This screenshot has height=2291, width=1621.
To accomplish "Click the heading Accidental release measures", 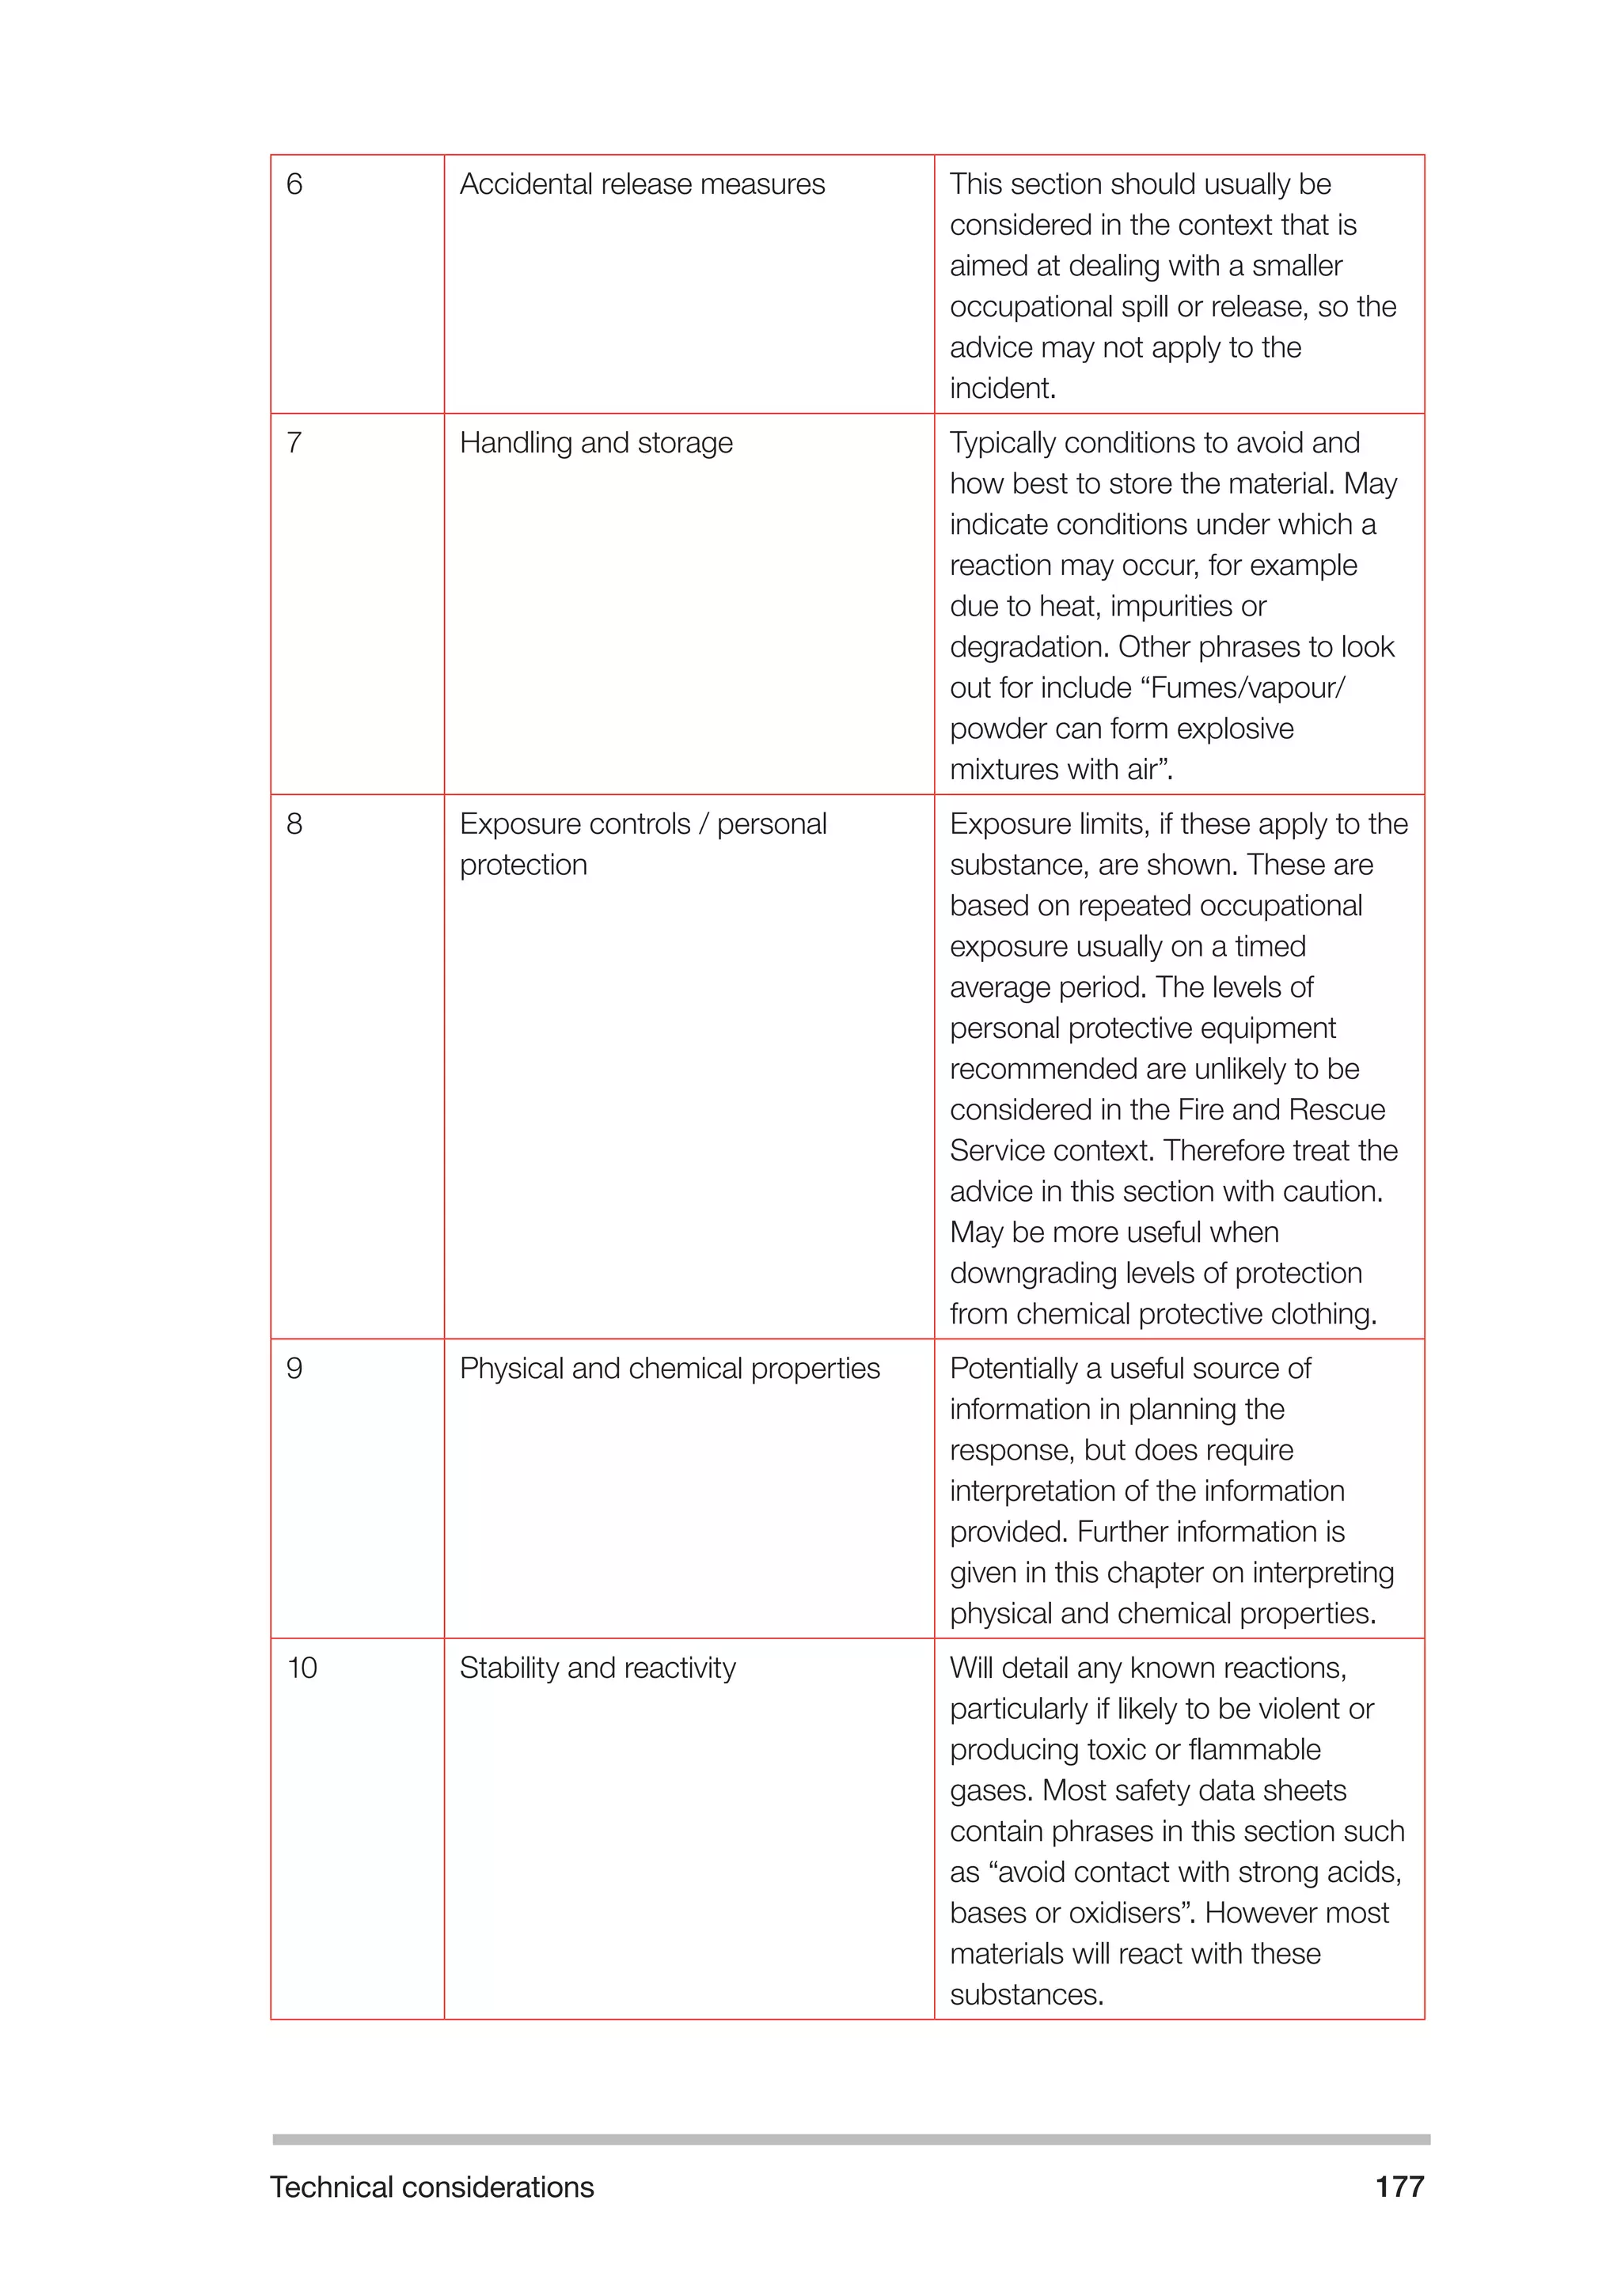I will click(642, 184).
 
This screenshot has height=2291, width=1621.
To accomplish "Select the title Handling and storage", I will click(596, 443).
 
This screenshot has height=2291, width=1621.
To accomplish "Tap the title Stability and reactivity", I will click(597, 1668).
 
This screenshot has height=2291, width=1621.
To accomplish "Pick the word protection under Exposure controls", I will click(523, 865).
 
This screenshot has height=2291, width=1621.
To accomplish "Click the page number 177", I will click(1399, 2187).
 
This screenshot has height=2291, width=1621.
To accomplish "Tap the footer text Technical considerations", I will click(431, 2187).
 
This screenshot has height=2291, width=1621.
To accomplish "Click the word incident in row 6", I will click(1001, 388).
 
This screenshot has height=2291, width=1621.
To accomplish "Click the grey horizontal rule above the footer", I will click(850, 2139).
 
